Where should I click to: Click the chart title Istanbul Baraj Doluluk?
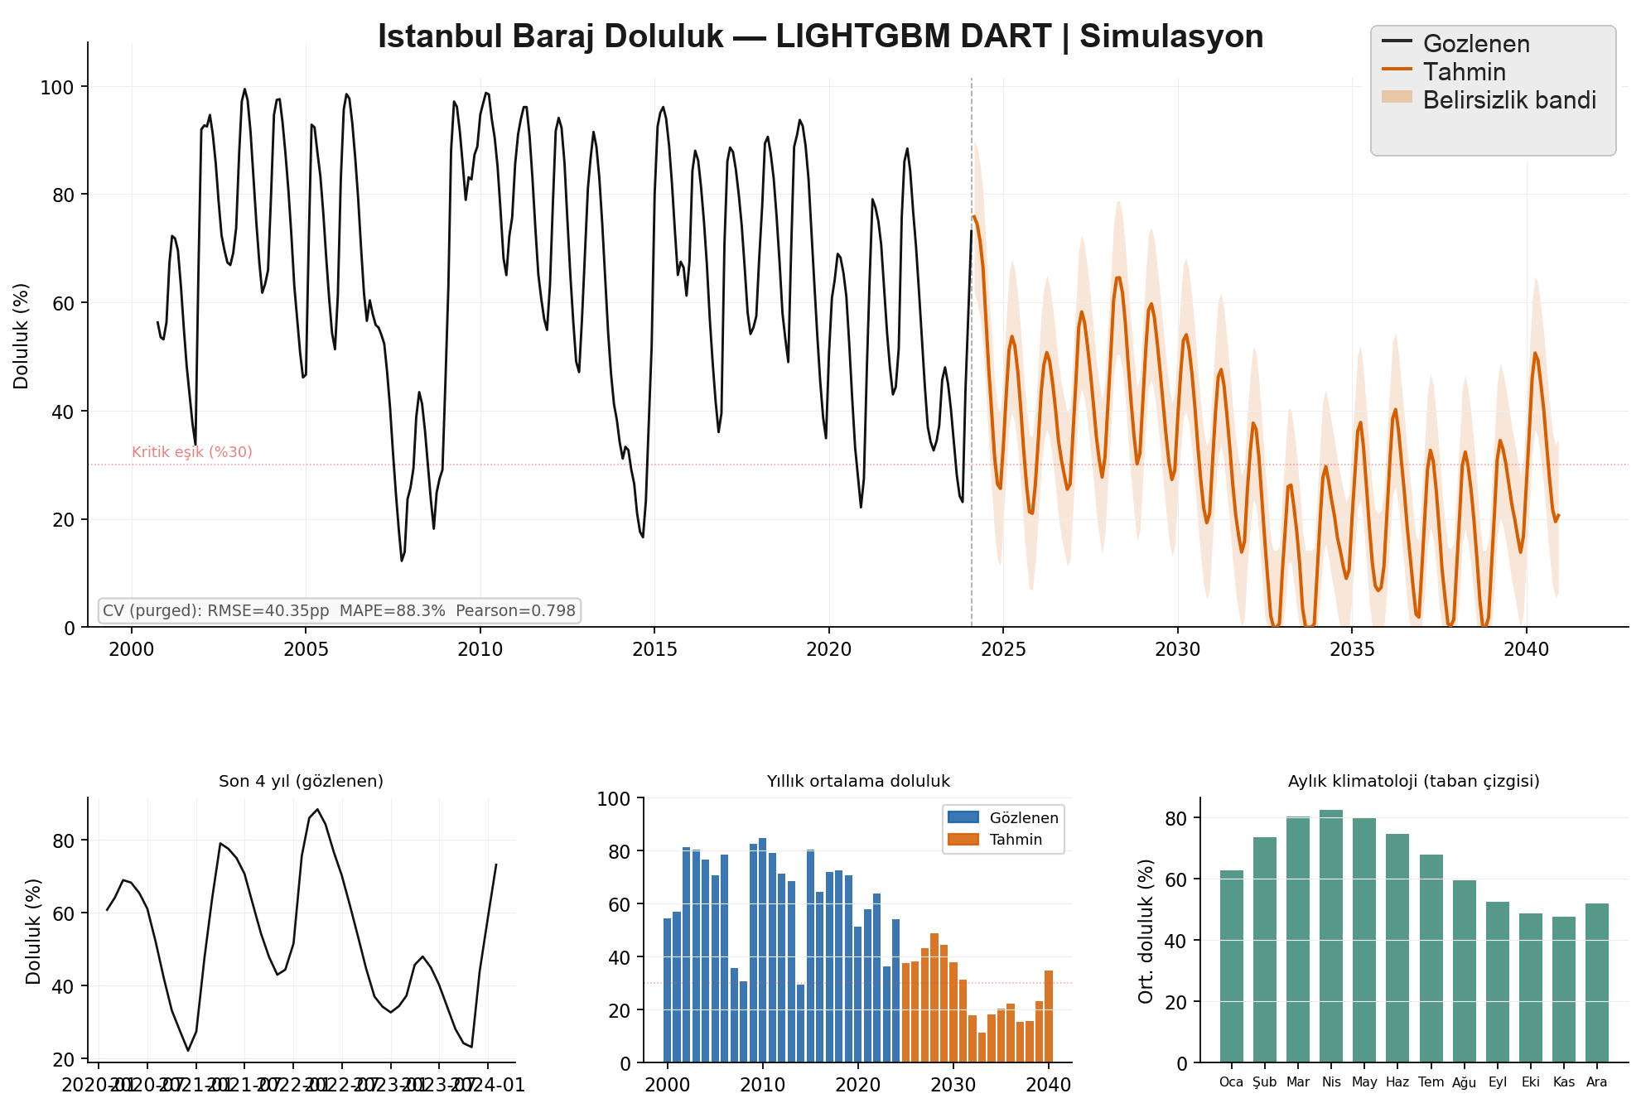click(x=820, y=37)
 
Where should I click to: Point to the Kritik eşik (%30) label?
click(x=192, y=452)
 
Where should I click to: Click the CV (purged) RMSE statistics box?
click(x=339, y=611)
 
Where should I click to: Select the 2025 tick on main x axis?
click(x=1003, y=649)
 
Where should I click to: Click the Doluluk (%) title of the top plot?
click(x=22, y=336)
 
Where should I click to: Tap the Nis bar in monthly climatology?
click(x=1331, y=936)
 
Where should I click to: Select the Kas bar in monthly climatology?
click(x=1564, y=989)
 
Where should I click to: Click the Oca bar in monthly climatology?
click(x=1232, y=966)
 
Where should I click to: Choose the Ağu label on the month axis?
click(x=1464, y=1082)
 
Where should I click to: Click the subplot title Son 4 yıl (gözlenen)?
click(x=301, y=781)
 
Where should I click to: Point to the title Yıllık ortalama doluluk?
click(x=858, y=781)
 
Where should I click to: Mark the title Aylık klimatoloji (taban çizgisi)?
click(x=1413, y=781)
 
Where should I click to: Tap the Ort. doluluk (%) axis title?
click(x=1146, y=931)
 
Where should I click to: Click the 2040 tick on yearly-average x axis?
click(x=1049, y=1085)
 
